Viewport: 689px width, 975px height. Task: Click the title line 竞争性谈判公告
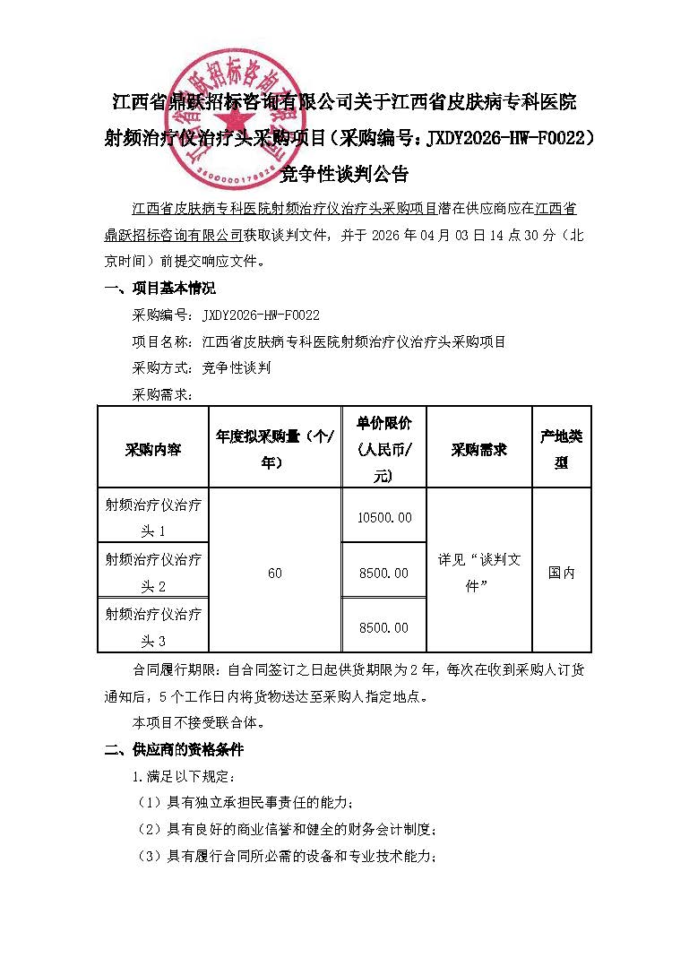pyautogui.click(x=344, y=173)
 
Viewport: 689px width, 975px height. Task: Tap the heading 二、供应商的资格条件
pyautogui.click(x=174, y=749)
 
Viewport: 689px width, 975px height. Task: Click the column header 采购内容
pyautogui.click(x=152, y=449)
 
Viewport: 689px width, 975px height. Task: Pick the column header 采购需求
pyautogui.click(x=479, y=449)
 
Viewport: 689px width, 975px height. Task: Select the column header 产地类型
pyautogui.click(x=561, y=449)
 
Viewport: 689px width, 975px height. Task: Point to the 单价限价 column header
pyautogui.click(x=384, y=449)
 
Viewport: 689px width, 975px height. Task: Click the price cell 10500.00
pyautogui.click(x=384, y=517)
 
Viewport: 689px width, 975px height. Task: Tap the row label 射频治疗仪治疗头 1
pyautogui.click(x=152, y=517)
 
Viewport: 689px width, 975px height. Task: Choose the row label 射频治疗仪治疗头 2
pyautogui.click(x=152, y=573)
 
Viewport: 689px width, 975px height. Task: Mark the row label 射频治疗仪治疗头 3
pyautogui.click(x=152, y=627)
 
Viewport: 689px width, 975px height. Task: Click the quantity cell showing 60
pyautogui.click(x=274, y=573)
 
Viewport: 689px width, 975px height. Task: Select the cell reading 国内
pyautogui.click(x=561, y=573)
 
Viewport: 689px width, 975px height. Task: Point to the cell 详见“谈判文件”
pyautogui.click(x=479, y=572)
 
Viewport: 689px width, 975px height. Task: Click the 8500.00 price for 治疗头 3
pyautogui.click(x=384, y=628)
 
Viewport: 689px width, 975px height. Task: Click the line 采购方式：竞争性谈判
pyautogui.click(x=202, y=367)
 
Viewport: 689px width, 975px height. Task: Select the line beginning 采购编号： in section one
pyautogui.click(x=226, y=315)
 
